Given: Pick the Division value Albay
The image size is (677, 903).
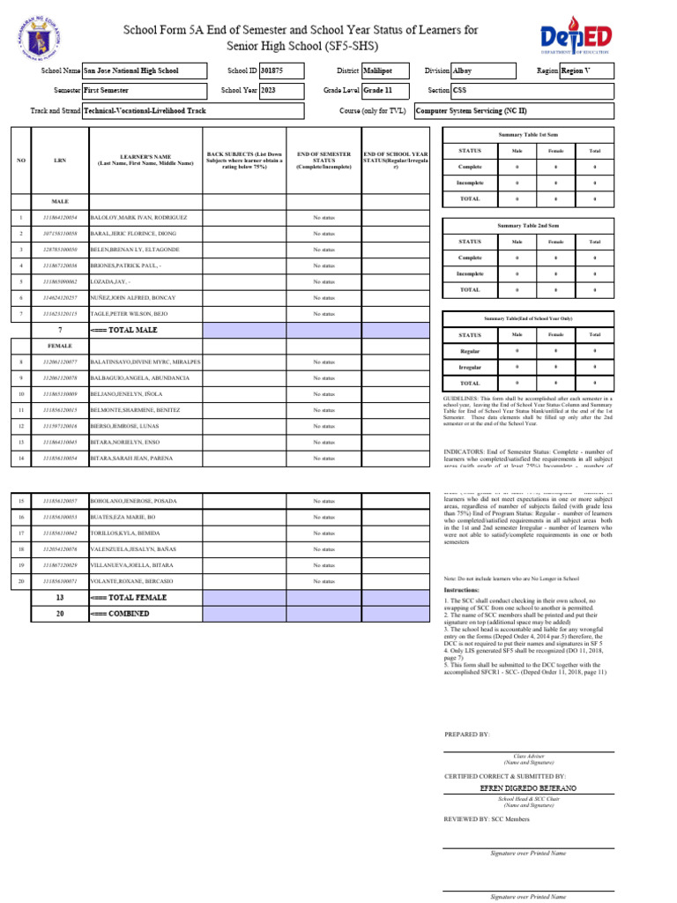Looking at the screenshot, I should click(463, 70).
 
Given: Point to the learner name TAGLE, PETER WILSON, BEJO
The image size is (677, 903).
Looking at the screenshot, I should click(129, 314).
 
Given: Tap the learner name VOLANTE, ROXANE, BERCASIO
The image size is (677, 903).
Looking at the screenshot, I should click(130, 582).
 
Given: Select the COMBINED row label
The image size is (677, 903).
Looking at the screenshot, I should click(117, 614).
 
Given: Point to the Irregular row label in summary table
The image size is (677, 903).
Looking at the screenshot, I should click(470, 367).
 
